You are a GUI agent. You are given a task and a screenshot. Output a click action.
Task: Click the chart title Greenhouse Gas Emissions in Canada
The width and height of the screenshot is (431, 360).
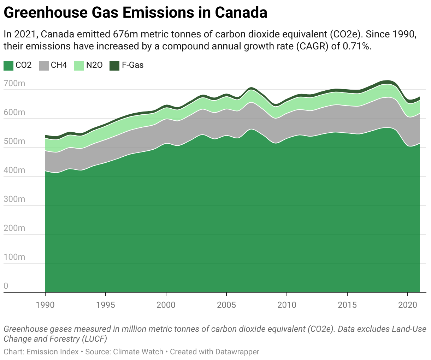coord(135,13)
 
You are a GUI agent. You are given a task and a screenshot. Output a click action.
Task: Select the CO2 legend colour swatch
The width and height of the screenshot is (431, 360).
coord(8,65)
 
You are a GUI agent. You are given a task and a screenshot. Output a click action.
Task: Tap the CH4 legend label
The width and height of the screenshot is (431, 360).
coord(59,65)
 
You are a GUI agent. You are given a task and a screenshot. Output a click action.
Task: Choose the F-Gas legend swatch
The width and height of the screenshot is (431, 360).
coord(114,65)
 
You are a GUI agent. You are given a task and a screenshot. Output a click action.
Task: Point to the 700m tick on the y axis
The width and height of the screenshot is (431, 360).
coord(14,84)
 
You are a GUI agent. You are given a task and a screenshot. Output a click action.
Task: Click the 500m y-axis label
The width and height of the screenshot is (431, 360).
coord(14,142)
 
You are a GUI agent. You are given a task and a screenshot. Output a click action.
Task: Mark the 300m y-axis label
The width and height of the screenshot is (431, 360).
coord(14,199)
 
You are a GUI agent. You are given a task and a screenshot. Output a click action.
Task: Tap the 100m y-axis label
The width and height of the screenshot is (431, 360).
coord(14,257)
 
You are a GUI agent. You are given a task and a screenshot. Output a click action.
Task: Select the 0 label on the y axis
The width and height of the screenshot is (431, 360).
coord(6,286)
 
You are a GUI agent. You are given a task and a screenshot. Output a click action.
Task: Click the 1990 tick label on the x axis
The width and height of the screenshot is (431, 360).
coord(45,305)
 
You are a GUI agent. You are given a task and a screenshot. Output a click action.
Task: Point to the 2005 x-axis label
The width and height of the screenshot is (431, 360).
coord(226,305)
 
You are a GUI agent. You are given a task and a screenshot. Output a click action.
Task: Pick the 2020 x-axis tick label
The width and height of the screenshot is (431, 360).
coord(408,305)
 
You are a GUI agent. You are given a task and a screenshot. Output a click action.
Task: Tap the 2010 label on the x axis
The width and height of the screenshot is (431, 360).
coord(287,305)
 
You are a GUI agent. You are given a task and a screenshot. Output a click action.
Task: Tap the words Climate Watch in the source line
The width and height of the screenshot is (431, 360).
coord(138,352)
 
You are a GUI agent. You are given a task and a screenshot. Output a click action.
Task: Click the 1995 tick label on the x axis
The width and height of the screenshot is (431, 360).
coord(106,305)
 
